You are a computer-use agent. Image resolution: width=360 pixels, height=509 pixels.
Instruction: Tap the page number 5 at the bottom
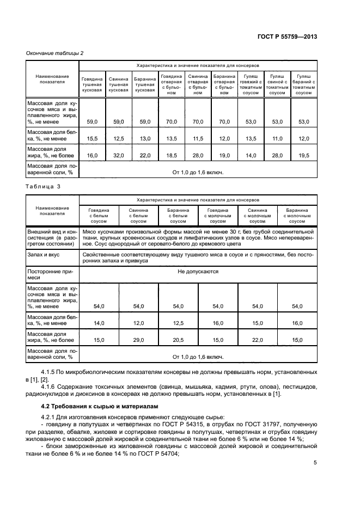(x=315, y=463)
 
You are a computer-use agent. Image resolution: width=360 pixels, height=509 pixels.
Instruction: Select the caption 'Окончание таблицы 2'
(x=55, y=53)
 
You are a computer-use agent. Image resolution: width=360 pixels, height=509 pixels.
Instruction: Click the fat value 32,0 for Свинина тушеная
(x=118, y=155)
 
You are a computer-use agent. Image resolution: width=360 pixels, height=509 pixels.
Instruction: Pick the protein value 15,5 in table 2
(x=92, y=138)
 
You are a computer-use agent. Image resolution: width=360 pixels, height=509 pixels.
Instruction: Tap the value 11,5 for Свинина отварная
(x=198, y=138)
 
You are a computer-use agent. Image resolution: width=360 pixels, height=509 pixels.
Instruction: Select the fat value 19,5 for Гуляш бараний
(x=303, y=155)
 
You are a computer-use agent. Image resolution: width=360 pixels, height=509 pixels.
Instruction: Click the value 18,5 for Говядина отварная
(x=171, y=155)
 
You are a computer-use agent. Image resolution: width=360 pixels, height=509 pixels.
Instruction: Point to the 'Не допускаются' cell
(x=198, y=271)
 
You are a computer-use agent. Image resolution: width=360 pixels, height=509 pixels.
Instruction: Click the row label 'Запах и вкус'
(x=42, y=254)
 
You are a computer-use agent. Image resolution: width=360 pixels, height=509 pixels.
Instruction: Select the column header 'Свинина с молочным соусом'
(x=258, y=216)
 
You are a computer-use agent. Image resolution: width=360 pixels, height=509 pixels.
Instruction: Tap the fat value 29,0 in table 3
(x=138, y=340)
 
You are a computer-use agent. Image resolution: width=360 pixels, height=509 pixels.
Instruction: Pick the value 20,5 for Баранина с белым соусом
(x=178, y=340)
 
